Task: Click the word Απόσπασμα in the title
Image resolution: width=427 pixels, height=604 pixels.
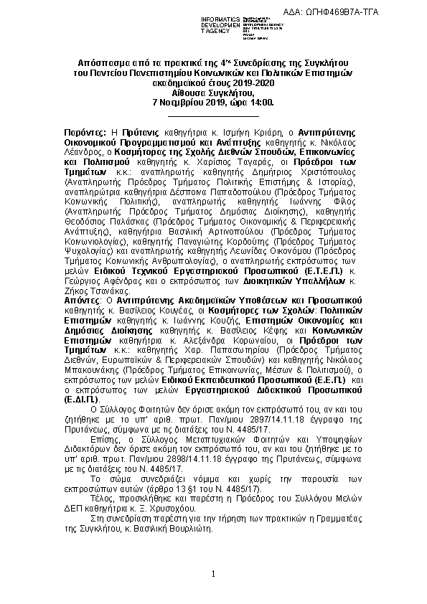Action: click(x=103, y=63)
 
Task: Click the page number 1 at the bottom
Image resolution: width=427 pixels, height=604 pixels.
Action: click(x=213, y=574)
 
